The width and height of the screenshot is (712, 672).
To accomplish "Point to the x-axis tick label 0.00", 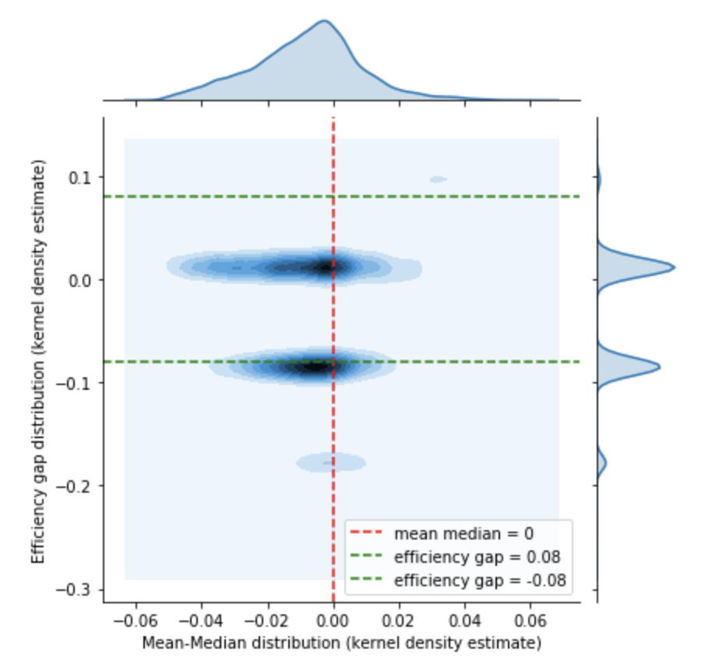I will (x=333, y=624).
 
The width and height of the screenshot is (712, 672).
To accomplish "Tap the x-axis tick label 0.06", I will (x=530, y=624).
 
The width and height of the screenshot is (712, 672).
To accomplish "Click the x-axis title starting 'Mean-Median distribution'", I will (x=341, y=644).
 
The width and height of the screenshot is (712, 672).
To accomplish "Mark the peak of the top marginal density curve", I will (x=324, y=21).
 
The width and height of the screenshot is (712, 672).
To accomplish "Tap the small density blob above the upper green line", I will (x=438, y=179).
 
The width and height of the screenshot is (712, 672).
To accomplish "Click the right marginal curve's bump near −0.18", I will (x=605, y=463).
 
